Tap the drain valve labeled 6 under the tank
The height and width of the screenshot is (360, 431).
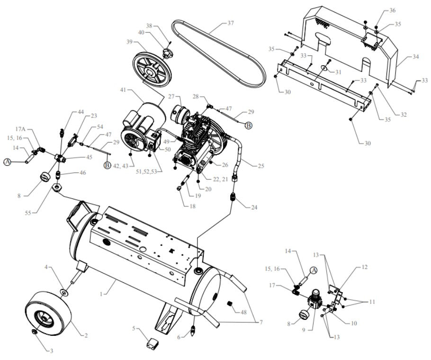(193, 329)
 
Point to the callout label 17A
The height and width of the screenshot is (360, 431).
(20, 128)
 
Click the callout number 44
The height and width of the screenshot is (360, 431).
(81, 112)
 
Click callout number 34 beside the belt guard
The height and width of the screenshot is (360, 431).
(416, 57)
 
